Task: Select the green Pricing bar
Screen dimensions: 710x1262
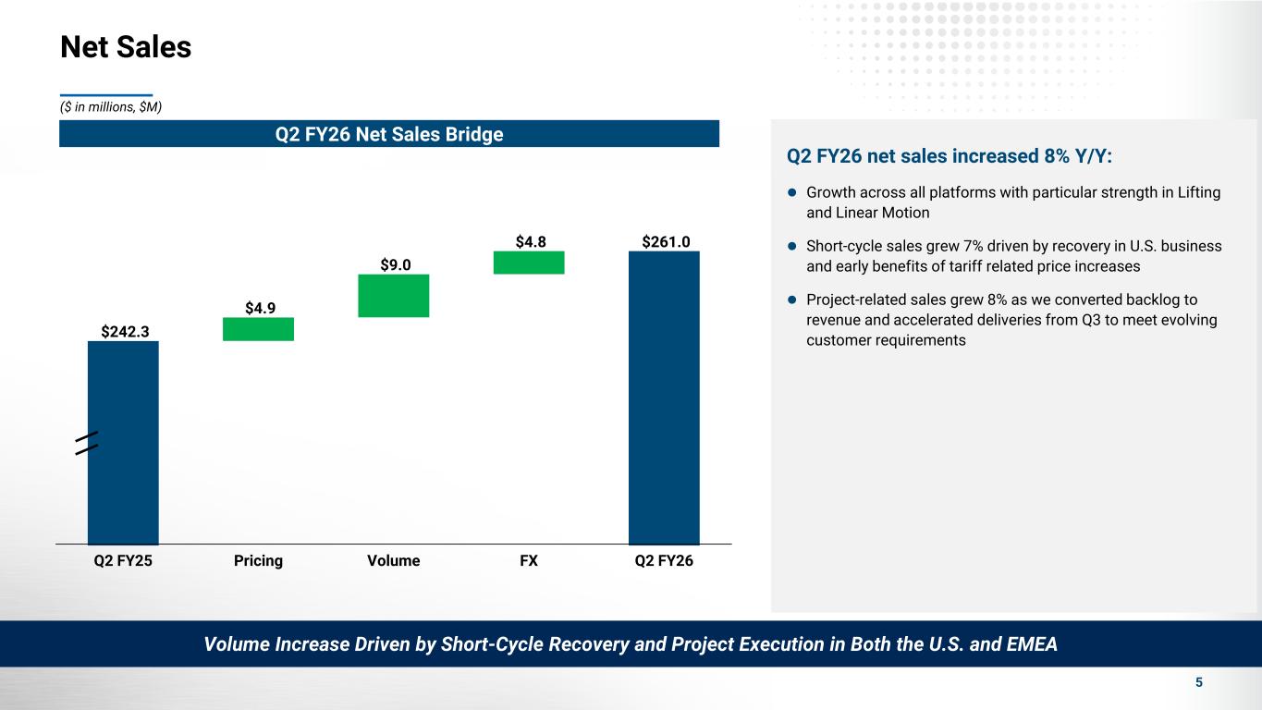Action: click(258, 329)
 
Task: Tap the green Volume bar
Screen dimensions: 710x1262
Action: click(393, 296)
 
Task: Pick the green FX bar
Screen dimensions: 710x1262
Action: click(529, 263)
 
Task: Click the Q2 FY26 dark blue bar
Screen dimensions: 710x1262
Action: click(664, 398)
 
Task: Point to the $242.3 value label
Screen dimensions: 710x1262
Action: click(123, 330)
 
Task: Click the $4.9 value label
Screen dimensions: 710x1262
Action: click(259, 307)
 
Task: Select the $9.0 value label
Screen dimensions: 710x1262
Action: click(394, 264)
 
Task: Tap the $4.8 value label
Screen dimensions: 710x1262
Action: click(530, 241)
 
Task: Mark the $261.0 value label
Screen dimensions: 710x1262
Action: click(665, 241)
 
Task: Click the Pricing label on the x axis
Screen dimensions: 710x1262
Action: click(258, 561)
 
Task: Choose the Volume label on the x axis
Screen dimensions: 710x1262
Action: click(393, 561)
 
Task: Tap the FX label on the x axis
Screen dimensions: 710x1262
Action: click(529, 561)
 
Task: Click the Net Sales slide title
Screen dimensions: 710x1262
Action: click(126, 47)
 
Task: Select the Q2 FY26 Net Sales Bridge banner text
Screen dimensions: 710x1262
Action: click(389, 134)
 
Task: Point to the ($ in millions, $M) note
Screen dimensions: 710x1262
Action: click(111, 107)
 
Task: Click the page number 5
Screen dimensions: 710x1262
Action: click(1199, 682)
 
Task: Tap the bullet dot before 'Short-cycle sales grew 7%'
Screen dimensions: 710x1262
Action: click(792, 247)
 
